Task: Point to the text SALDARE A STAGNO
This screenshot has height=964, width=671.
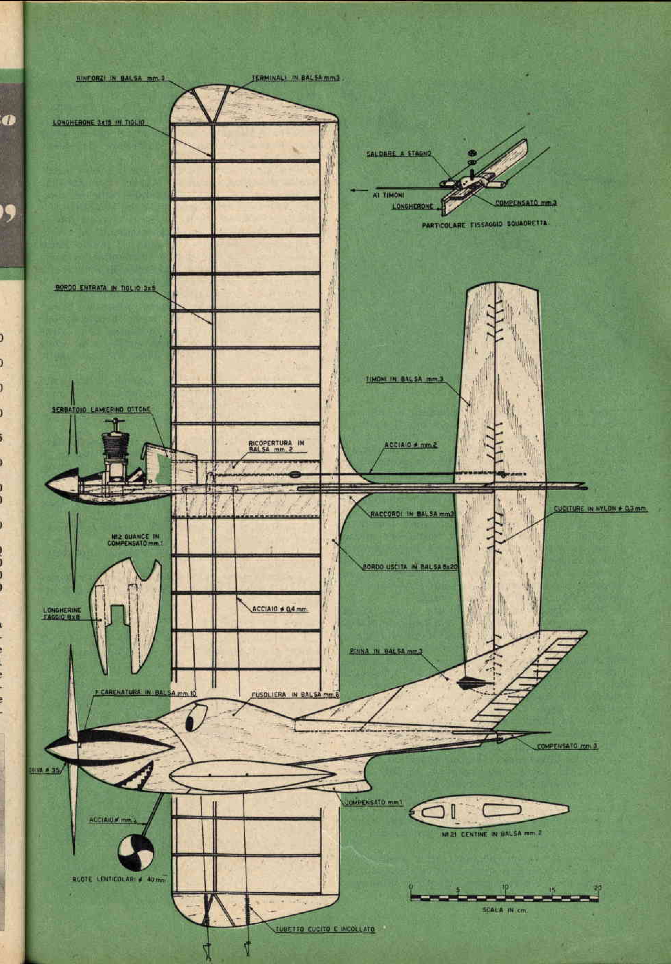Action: click(x=398, y=154)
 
